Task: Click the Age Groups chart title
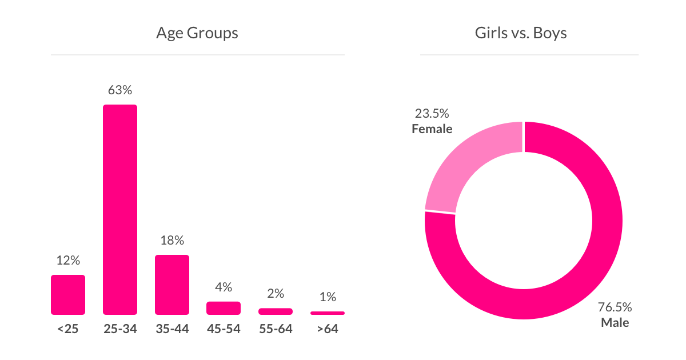coord(197,33)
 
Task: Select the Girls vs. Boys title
coord(521,33)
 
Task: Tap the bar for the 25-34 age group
coord(120,210)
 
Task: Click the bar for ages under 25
coord(68,295)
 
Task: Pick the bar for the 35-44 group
coord(172,285)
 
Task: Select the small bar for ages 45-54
coord(224,308)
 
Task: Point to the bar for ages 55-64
coord(276,311)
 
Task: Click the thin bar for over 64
coord(328,313)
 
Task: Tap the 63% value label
coord(120,90)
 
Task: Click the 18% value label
coord(172,241)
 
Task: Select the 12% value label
coord(68,261)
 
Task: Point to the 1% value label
coord(328,297)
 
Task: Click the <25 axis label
coord(68,330)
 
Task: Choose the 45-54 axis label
coord(224,330)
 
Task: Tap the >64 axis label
coord(328,330)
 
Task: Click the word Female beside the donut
coord(432,129)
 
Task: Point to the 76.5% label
coord(615,307)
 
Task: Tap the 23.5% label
coord(432,113)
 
